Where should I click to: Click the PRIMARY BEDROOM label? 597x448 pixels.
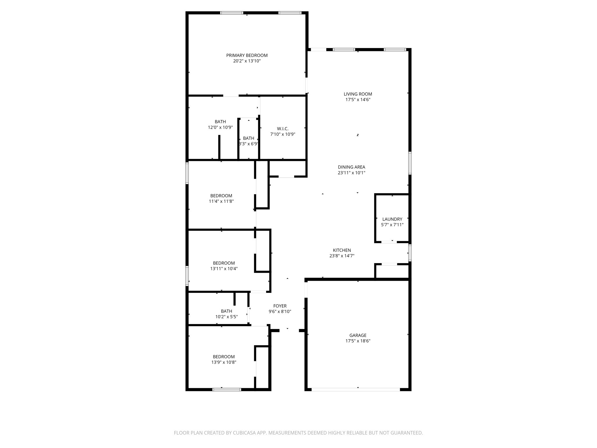pyautogui.click(x=247, y=55)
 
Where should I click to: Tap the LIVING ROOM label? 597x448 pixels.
pyautogui.click(x=358, y=94)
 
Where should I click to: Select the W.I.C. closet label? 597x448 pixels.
pyautogui.click(x=282, y=129)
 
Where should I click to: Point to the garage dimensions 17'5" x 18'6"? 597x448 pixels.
pyautogui.click(x=358, y=341)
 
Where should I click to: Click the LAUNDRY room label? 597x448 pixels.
pyautogui.click(x=392, y=219)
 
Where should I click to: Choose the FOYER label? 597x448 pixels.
pyautogui.click(x=280, y=306)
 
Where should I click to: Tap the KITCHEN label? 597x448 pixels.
pyautogui.click(x=342, y=250)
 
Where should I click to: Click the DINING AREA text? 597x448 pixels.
pyautogui.click(x=351, y=167)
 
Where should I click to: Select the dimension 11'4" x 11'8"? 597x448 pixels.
pyautogui.click(x=221, y=201)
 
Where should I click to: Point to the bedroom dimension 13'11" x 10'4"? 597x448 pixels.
pyautogui.click(x=224, y=269)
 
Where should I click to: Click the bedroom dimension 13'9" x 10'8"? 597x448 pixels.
pyautogui.click(x=224, y=362)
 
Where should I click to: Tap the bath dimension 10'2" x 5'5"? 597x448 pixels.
pyautogui.click(x=226, y=317)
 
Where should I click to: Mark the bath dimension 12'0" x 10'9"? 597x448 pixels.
pyautogui.click(x=220, y=127)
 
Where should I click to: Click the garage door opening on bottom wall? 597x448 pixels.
pyautogui.click(x=356, y=389)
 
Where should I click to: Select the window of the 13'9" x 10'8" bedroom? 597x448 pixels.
pyautogui.click(x=226, y=389)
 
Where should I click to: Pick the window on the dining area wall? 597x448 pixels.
pyautogui.click(x=410, y=163)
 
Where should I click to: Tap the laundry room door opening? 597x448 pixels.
pyautogui.click(x=389, y=242)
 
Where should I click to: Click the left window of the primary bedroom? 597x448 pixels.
pyautogui.click(x=231, y=13)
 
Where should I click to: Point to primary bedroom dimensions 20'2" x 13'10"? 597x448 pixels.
pyautogui.click(x=247, y=61)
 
